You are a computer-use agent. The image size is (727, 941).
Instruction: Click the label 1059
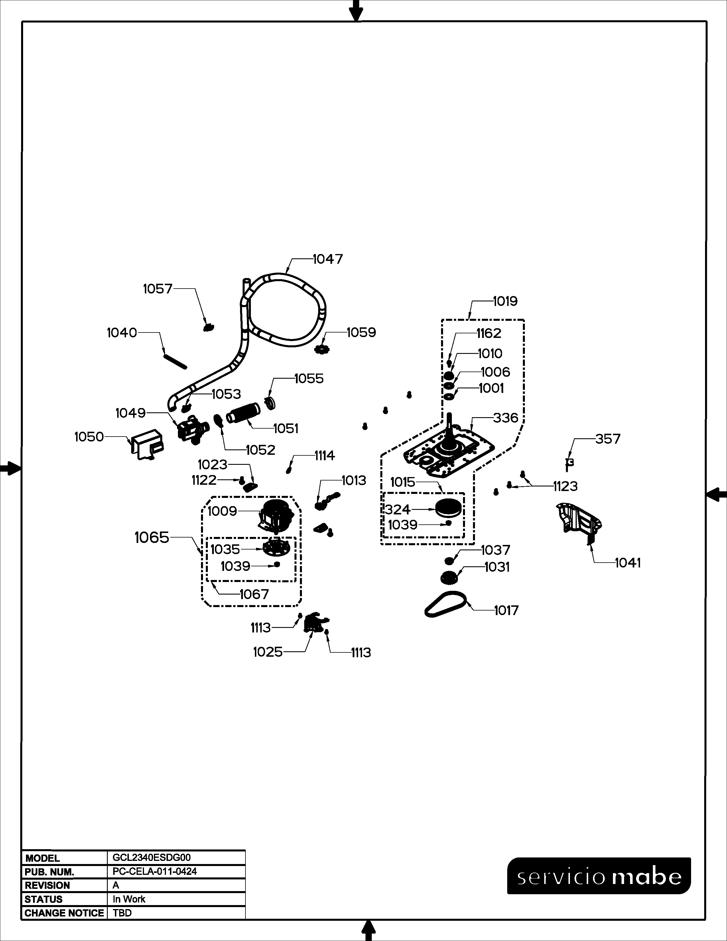[361, 332]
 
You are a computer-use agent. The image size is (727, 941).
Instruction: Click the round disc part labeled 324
[448, 508]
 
